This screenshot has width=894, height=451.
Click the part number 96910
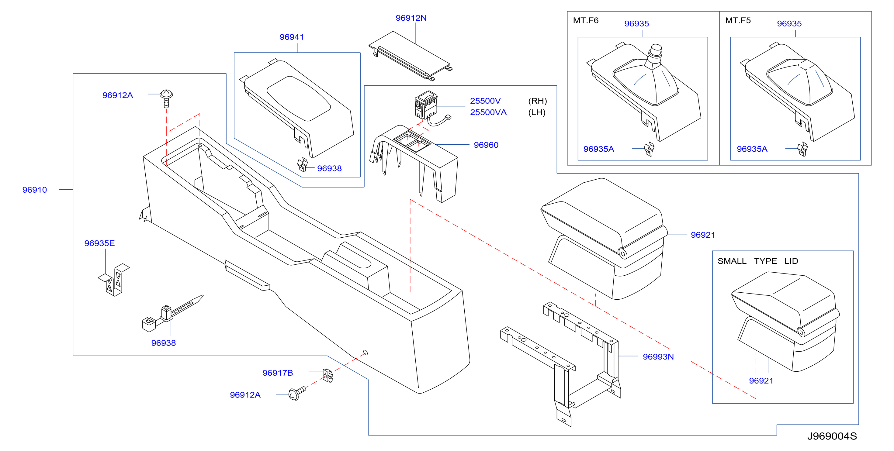pyautogui.click(x=34, y=190)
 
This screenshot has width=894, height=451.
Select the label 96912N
pyautogui.click(x=411, y=18)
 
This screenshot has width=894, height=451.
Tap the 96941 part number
pyautogui.click(x=292, y=37)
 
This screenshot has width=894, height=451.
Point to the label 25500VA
pyautogui.click(x=488, y=112)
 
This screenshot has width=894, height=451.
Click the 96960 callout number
pyautogui.click(x=486, y=145)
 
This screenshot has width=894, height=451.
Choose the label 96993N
pyautogui.click(x=658, y=357)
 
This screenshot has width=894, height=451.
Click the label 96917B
pyautogui.click(x=278, y=373)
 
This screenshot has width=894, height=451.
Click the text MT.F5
pyautogui.click(x=738, y=20)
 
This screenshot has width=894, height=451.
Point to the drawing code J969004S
pyautogui.click(x=832, y=436)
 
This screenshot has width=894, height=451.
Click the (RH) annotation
pyautogui.click(x=537, y=101)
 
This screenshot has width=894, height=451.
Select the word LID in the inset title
pyautogui.click(x=791, y=261)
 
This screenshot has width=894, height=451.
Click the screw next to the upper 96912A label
pyautogui.click(x=166, y=98)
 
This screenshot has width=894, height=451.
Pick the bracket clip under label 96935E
pyautogui.click(x=114, y=280)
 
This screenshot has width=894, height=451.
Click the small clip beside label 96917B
pyautogui.click(x=327, y=375)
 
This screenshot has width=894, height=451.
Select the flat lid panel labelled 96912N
pyautogui.click(x=410, y=56)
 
